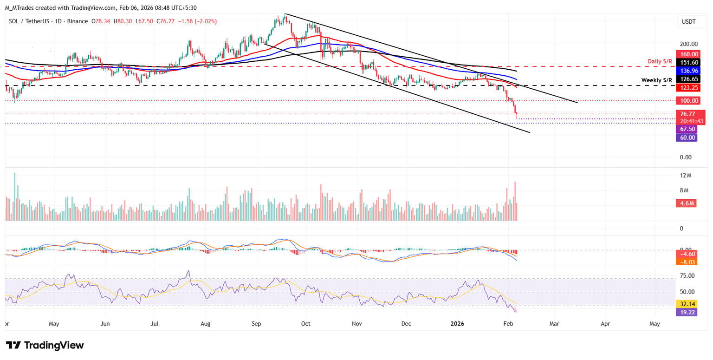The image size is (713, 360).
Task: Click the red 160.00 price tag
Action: (x=687, y=54)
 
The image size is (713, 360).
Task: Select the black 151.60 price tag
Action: (x=687, y=62)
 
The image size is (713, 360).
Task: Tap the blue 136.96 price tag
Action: (x=687, y=71)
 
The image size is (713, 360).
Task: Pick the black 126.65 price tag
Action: (x=687, y=79)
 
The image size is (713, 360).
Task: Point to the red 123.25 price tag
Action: (x=687, y=87)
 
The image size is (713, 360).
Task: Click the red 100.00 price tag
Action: (x=687, y=100)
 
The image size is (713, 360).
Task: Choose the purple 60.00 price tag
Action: (x=687, y=137)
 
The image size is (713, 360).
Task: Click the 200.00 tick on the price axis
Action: (x=687, y=44)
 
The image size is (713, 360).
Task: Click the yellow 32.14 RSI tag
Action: (x=687, y=304)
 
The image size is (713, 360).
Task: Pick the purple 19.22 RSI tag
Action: (x=687, y=312)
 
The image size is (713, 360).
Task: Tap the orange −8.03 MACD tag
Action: (x=687, y=262)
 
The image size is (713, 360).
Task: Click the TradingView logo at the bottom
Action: (x=45, y=345)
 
